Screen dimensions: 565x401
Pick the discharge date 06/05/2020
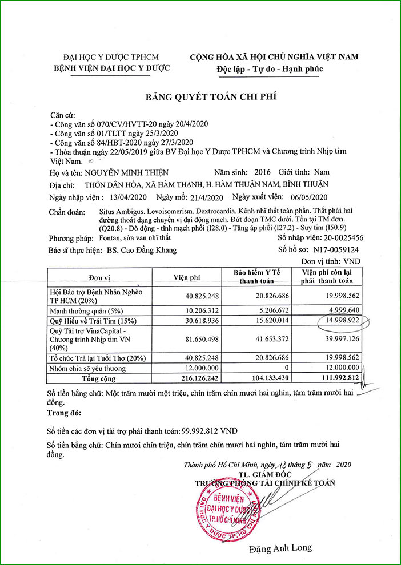coord(310,197)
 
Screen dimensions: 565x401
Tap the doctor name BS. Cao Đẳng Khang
coord(142,249)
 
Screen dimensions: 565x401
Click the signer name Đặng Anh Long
coord(280,548)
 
